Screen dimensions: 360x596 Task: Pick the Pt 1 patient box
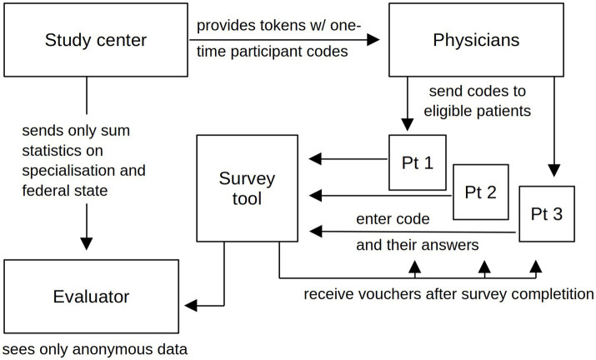tap(418, 162)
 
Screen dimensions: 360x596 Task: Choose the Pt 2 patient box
tap(482, 192)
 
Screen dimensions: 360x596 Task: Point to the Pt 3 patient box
tap(546, 213)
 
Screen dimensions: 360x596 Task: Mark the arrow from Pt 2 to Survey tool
tap(379, 196)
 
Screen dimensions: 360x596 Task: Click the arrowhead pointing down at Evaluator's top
tap(87, 242)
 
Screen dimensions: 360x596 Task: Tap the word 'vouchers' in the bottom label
tap(383, 294)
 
